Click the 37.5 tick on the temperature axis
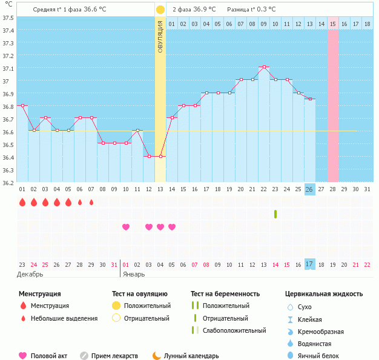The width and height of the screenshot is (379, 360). [8, 18]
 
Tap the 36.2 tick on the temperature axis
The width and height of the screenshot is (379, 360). [8, 182]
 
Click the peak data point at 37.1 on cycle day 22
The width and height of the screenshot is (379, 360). [263, 67]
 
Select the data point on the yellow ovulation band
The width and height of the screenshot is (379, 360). [160, 156]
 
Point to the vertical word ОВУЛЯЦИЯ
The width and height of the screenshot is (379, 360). [160, 36]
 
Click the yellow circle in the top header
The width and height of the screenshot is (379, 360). [160, 10]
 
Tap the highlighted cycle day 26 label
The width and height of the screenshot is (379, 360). [309, 189]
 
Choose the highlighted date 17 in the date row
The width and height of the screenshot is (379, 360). [309, 264]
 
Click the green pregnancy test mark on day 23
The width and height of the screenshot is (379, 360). [275, 214]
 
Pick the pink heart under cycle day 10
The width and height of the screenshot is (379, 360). [126, 227]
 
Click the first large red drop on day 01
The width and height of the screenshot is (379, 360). [22, 202]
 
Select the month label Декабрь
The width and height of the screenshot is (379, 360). [30, 274]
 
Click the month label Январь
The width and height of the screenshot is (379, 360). [134, 274]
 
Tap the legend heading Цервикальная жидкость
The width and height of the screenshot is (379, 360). [324, 294]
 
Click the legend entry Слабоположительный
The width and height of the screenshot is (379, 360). [234, 330]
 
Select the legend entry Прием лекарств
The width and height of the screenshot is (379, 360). [114, 356]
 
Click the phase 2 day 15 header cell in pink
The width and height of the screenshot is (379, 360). [333, 24]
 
